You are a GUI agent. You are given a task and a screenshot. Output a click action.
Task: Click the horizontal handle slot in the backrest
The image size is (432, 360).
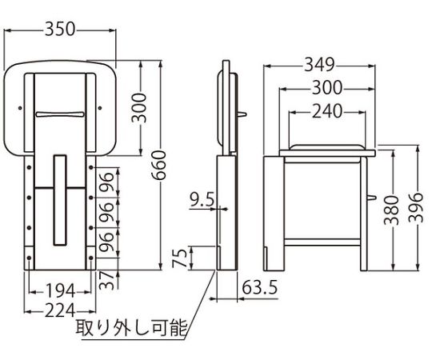pos(60,114)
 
